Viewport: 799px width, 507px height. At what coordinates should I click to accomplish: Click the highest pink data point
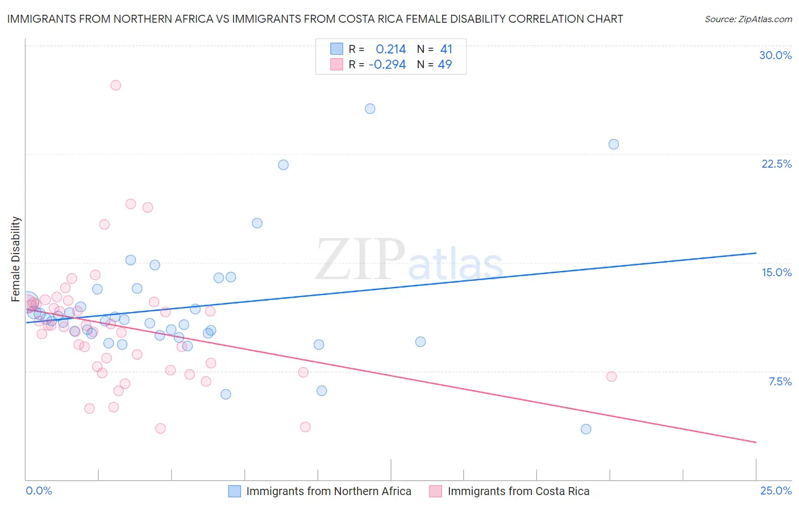click(115, 85)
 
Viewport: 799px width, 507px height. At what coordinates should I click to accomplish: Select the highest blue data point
click(370, 109)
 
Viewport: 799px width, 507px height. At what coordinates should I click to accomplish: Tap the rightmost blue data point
click(614, 144)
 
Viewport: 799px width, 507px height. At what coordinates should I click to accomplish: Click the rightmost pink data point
click(611, 376)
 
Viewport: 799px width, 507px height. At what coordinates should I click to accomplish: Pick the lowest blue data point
click(586, 429)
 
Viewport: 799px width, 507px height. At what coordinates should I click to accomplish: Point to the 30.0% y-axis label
click(775, 55)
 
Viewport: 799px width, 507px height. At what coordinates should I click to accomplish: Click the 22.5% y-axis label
click(776, 164)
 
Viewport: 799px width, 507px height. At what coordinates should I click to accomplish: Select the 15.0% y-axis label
click(776, 272)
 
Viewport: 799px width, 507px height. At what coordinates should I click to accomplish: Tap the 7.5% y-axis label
click(780, 381)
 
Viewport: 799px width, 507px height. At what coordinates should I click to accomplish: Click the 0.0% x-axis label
click(39, 491)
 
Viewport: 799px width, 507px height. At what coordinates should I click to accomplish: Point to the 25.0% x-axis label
click(776, 491)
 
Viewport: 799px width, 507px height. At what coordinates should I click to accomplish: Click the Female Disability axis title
click(16, 259)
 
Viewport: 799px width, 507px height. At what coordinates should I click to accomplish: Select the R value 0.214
click(391, 49)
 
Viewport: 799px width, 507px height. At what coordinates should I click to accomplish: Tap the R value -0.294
click(387, 65)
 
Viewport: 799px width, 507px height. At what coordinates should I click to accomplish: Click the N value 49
click(445, 65)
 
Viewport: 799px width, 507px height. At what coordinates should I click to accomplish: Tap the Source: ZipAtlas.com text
click(748, 19)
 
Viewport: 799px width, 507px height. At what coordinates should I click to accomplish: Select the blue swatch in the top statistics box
click(336, 49)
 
